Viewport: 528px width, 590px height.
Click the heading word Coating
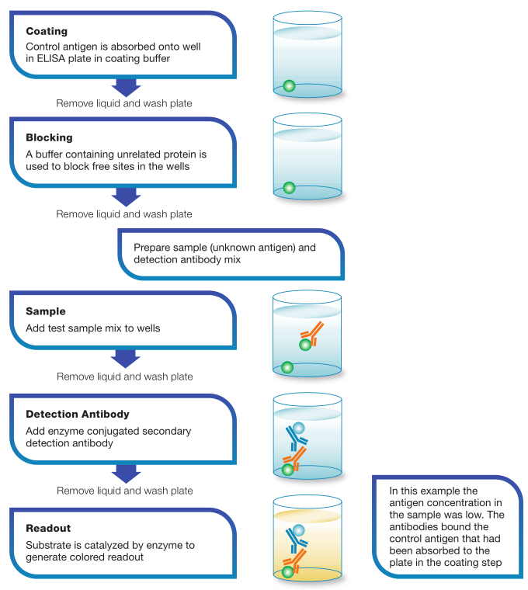[47, 31]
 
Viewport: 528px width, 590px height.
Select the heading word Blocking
[49, 137]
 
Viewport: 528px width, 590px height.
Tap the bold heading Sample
[46, 311]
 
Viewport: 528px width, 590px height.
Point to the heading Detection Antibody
[78, 414]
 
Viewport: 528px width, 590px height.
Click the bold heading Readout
[48, 529]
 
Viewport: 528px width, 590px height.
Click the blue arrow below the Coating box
[126, 88]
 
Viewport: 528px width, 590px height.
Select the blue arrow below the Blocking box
[126, 196]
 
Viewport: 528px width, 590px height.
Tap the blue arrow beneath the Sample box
[125, 359]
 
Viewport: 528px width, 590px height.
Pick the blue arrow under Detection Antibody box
[126, 474]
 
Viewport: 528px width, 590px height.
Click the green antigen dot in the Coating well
[289, 86]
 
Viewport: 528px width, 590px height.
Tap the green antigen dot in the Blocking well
[289, 187]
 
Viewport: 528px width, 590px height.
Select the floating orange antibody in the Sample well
[312, 333]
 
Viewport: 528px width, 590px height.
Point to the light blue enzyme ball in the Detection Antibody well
[298, 428]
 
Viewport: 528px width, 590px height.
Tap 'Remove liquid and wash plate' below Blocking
[124, 214]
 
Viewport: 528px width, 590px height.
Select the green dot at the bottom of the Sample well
[287, 367]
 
